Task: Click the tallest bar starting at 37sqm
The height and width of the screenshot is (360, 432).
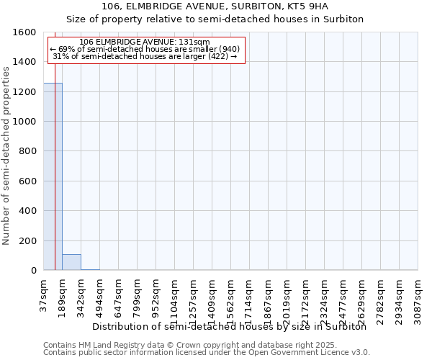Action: pos(53,176)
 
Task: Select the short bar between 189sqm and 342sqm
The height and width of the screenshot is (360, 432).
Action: pos(71,262)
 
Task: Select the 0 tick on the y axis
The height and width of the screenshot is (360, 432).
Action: pos(33,271)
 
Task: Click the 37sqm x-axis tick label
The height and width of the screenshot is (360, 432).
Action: pos(44,293)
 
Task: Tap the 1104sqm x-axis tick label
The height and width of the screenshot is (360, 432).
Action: pos(175,297)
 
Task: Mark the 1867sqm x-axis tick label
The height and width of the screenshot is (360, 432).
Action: pos(269,297)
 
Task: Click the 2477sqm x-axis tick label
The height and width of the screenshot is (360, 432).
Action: pos(343,297)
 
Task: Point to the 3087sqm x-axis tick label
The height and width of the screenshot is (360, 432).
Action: pos(418,297)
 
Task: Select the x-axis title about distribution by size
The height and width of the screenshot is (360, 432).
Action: pos(230,326)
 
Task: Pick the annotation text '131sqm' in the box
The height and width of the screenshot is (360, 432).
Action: pos(197,42)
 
